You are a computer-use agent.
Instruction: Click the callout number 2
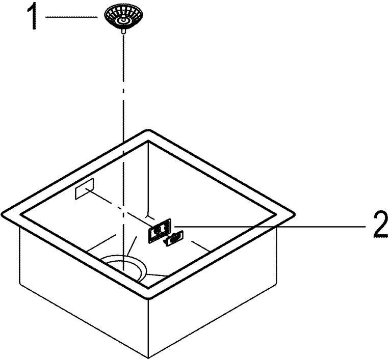(x=380, y=225)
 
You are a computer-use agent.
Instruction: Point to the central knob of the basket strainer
(x=122, y=20)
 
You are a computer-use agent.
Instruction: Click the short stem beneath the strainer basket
(x=122, y=31)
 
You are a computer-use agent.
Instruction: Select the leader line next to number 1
(x=71, y=17)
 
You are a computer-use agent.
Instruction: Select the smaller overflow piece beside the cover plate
(x=173, y=238)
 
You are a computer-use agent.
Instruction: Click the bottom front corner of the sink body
(x=148, y=358)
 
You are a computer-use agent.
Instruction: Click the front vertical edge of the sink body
(x=148, y=328)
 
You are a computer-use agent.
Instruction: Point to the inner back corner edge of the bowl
(x=148, y=178)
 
